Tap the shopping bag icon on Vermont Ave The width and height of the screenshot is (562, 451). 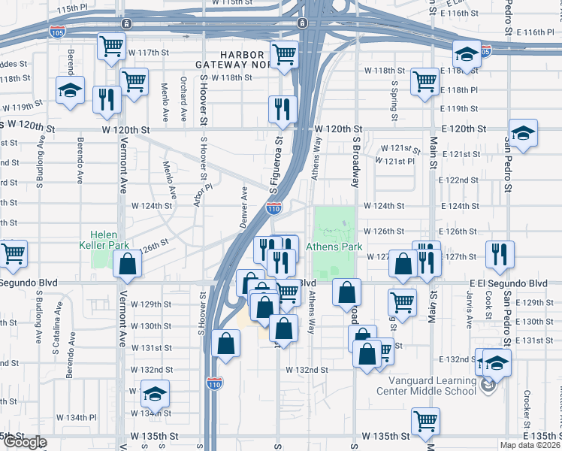(x=127, y=264)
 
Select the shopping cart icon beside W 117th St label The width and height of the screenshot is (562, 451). (x=111, y=46)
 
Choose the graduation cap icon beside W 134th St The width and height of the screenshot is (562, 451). (x=155, y=394)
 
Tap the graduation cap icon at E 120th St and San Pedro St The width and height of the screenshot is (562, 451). (x=523, y=134)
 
